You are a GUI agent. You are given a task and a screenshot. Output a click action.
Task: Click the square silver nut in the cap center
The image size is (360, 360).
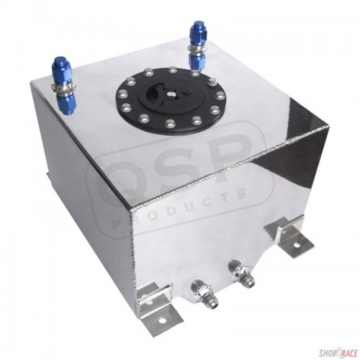click(172, 94)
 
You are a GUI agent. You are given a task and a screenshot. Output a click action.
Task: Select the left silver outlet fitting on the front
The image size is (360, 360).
click(204, 294)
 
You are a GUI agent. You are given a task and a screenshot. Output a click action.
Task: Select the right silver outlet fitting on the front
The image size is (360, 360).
click(242, 273)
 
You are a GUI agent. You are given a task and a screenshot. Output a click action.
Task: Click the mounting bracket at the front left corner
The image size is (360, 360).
click(157, 306)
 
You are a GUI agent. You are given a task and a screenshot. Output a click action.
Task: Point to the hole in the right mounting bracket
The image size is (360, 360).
click(297, 246)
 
